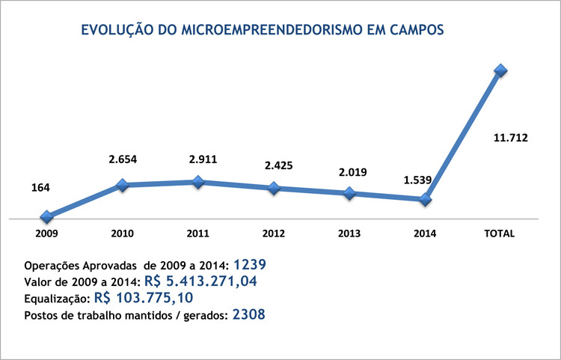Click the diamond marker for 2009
(x=47, y=217)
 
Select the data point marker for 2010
(x=123, y=185)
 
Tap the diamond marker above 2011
(x=198, y=182)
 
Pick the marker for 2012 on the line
(x=274, y=188)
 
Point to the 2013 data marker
(x=349, y=193)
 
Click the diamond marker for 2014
(x=425, y=199)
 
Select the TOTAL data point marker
(x=500, y=70)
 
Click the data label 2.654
(x=123, y=159)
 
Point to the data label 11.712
(x=511, y=137)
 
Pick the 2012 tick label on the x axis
(x=274, y=234)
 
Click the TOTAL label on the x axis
(x=500, y=234)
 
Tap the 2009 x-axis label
(x=47, y=234)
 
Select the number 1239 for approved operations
(x=250, y=265)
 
